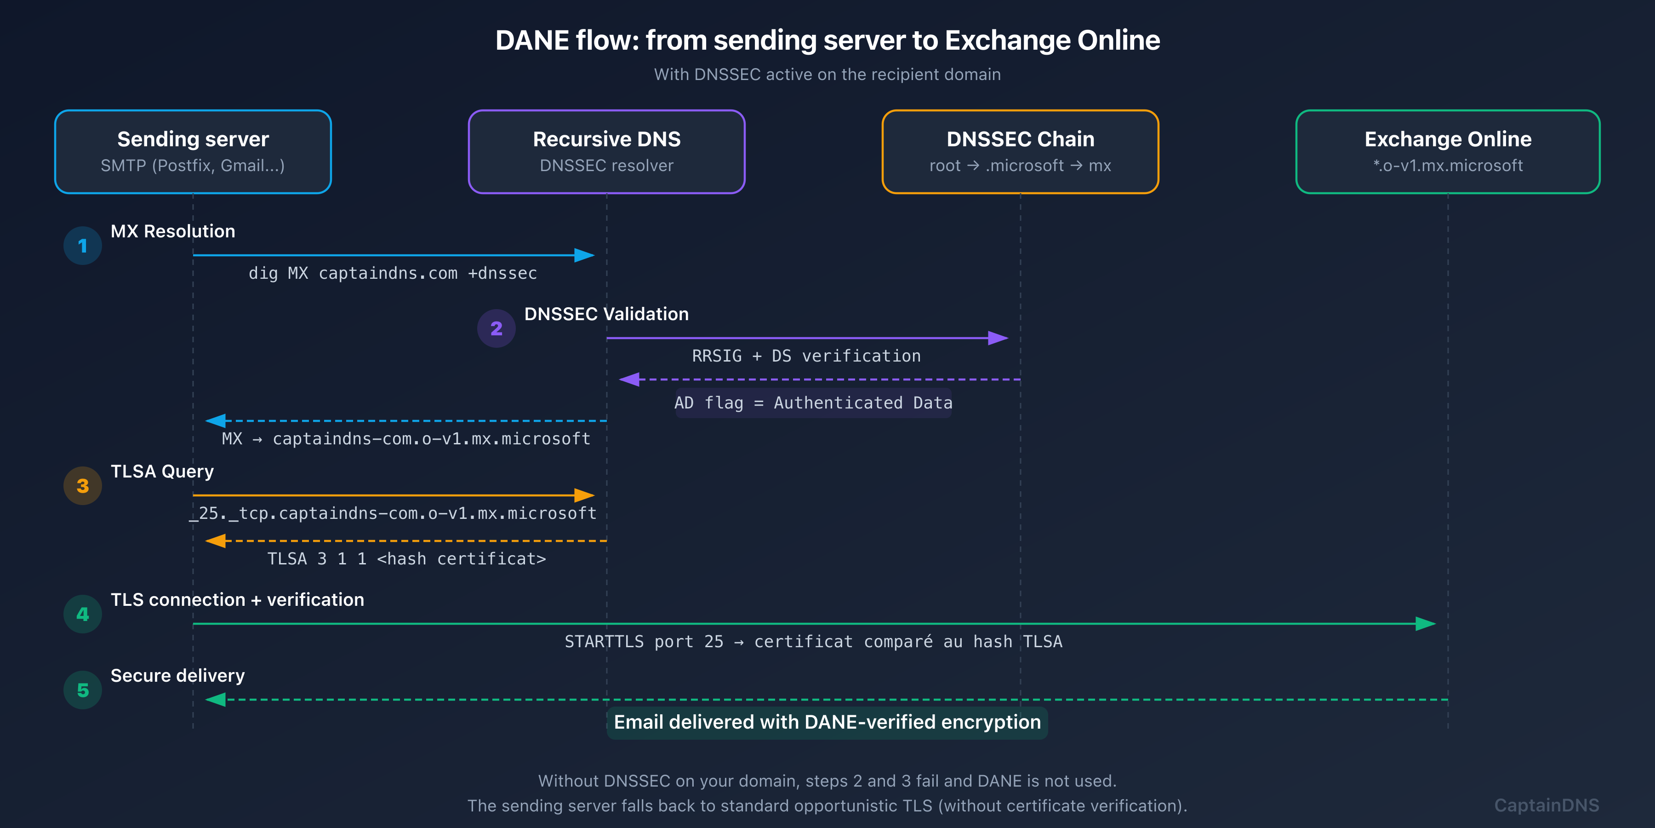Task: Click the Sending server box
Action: coord(193,152)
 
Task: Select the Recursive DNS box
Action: coord(606,152)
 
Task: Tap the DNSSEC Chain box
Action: coord(1020,152)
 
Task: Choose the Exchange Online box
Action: coord(1448,152)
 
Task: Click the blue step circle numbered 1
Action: coord(83,246)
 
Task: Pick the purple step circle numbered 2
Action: coord(496,328)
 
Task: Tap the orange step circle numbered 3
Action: coord(83,486)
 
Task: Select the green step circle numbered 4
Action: coord(83,615)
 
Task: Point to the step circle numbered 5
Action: coord(83,690)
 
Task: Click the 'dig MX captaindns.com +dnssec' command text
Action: coord(393,273)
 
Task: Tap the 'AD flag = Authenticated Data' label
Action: coord(813,403)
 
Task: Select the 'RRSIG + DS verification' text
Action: coord(806,356)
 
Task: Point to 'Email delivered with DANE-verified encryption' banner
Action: coord(827,723)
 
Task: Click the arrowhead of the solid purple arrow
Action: coord(999,338)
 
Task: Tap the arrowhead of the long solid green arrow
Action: coord(1426,624)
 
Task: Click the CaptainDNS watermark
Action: coord(1547,805)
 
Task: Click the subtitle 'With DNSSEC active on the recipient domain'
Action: coord(827,75)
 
